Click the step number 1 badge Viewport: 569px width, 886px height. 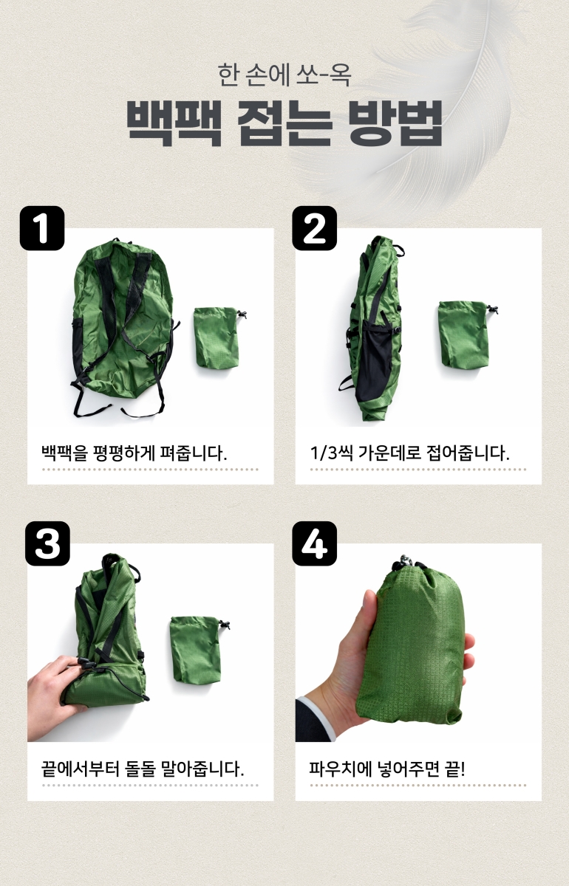42,228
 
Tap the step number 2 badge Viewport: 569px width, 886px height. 314,228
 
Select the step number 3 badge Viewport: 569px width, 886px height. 47,543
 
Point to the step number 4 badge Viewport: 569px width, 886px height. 314,543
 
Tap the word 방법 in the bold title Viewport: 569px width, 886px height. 395,123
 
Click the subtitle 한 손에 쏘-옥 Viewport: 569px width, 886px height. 284,75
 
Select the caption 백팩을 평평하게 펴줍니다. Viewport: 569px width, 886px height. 134,453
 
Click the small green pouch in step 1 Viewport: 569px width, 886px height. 218,337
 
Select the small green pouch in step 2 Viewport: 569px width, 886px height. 465,334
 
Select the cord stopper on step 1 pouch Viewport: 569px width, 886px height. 242,315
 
